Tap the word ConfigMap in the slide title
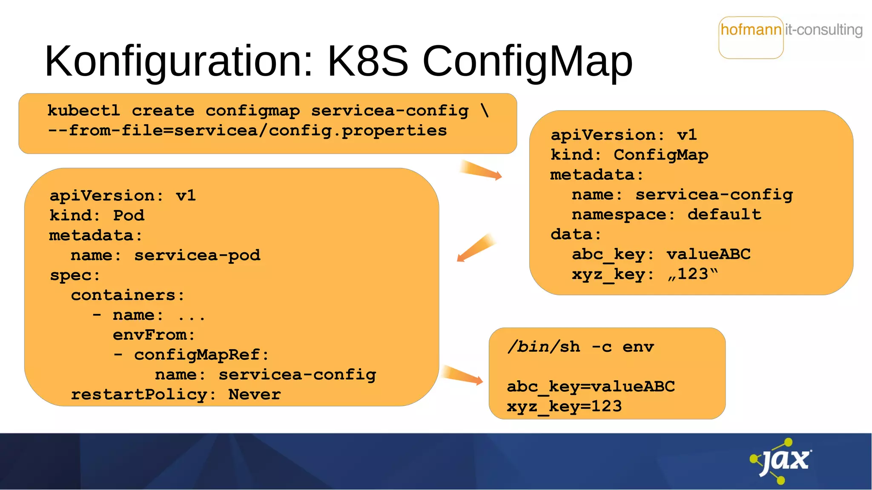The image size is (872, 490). [x=527, y=62]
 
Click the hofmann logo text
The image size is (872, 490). [x=751, y=30]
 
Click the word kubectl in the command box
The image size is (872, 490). [x=83, y=111]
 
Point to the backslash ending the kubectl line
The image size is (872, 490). [x=485, y=111]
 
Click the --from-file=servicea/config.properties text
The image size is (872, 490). [x=247, y=131]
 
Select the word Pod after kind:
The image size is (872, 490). [x=129, y=216]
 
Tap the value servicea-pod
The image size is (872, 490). [x=197, y=256]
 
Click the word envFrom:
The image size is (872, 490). [x=154, y=335]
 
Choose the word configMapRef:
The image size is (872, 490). [x=201, y=355]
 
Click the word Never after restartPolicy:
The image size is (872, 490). [x=254, y=395]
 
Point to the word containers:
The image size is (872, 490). [x=128, y=295]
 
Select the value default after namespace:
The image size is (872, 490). [x=724, y=214]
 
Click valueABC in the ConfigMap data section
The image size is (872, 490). [x=708, y=254]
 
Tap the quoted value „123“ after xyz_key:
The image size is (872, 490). [x=693, y=274]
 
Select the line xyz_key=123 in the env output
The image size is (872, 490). [x=564, y=407]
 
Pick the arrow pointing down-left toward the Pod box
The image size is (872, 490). [x=476, y=248]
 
